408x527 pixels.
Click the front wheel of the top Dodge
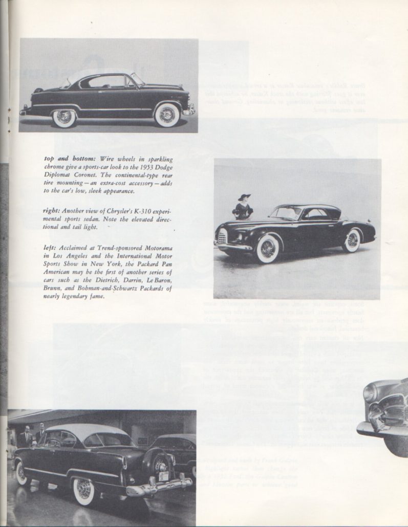pyautogui.click(x=167, y=115)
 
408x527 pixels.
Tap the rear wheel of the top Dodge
pyautogui.click(x=64, y=117)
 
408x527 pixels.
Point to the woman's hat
pyautogui.click(x=243, y=196)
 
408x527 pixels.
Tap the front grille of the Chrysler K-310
pyautogui.click(x=222, y=237)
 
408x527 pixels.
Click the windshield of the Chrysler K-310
pyautogui.click(x=287, y=212)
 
